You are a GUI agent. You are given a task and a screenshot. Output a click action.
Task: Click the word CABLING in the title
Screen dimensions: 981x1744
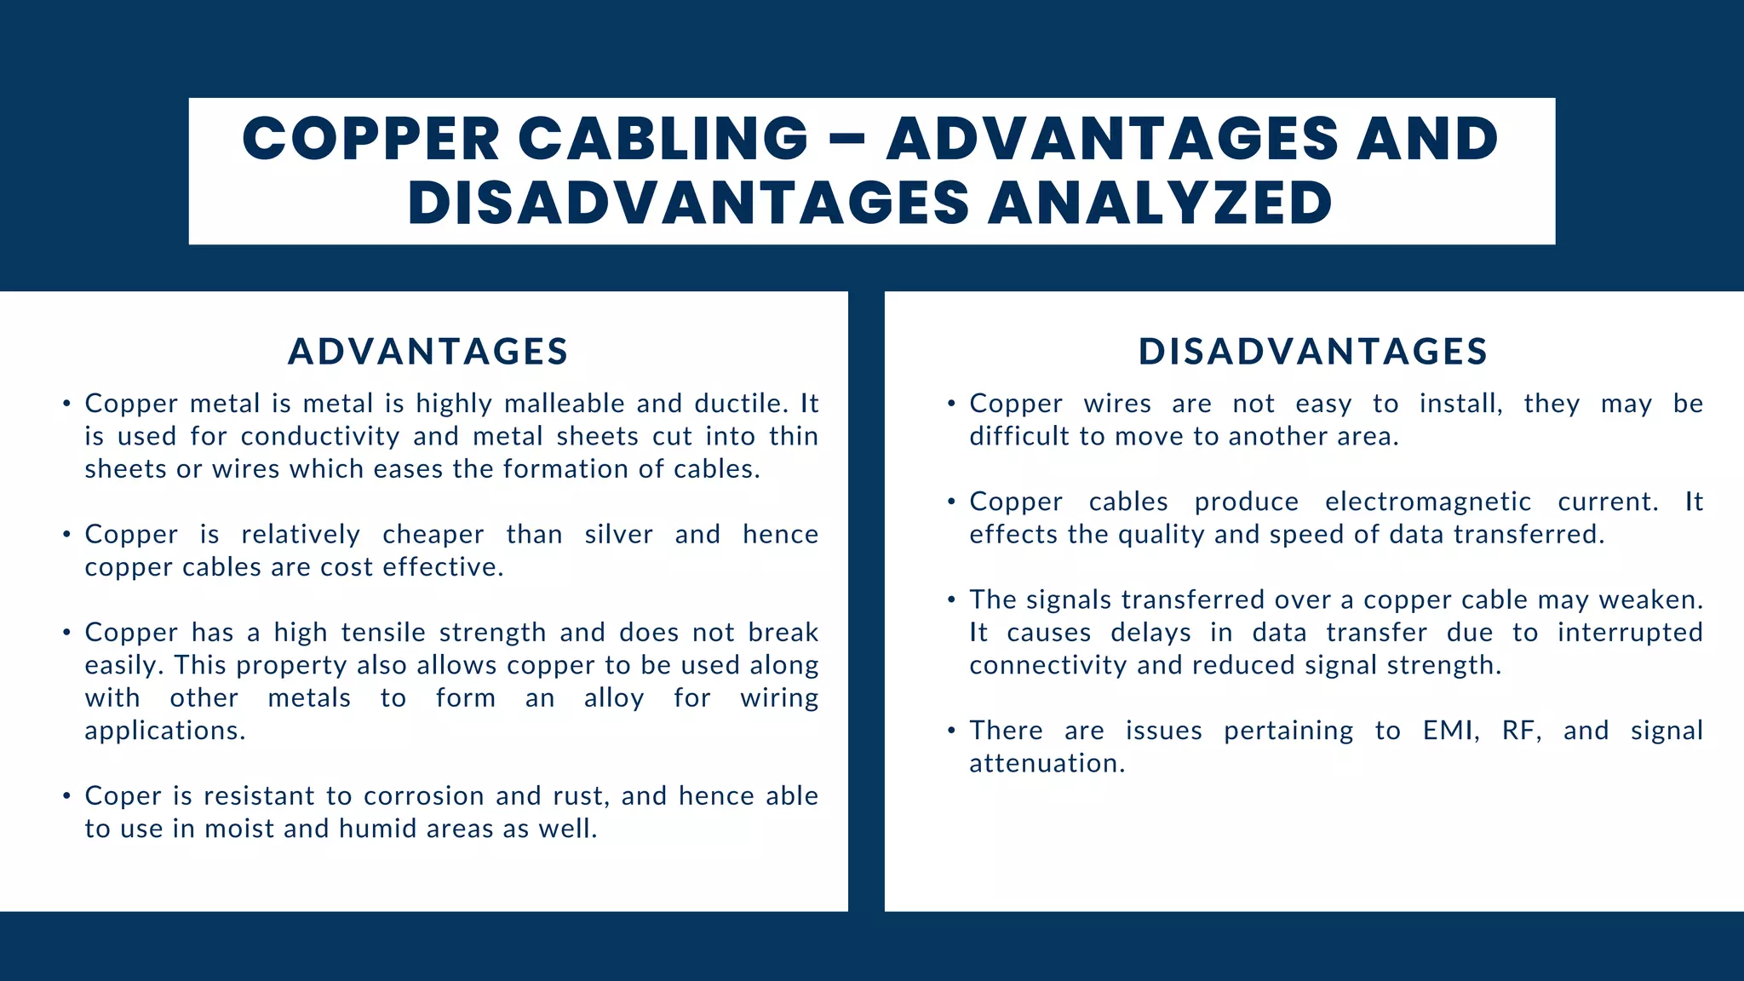click(x=663, y=139)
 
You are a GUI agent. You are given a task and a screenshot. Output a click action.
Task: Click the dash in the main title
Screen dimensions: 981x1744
click(x=846, y=140)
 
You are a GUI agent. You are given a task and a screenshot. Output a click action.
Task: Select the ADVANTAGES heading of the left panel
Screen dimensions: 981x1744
click(x=428, y=352)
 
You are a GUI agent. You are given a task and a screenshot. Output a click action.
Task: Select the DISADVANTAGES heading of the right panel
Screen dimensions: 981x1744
click(x=1313, y=352)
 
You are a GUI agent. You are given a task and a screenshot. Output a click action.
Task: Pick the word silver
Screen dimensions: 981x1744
click(x=618, y=535)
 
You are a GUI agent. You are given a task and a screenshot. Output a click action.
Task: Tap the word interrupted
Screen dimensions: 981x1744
click(x=1630, y=633)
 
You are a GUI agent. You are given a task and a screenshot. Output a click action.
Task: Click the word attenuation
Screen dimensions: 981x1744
click(x=1047, y=764)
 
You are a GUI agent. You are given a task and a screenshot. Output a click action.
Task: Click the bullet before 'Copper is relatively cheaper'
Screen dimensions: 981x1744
click(x=66, y=536)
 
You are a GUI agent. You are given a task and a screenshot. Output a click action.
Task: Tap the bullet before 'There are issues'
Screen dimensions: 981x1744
click(x=951, y=731)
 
